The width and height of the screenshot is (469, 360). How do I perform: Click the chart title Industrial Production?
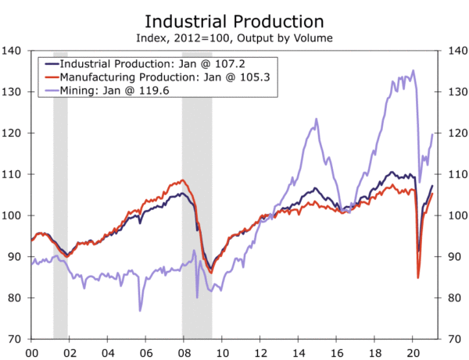234,20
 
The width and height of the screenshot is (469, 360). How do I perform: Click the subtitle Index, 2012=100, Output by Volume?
234,37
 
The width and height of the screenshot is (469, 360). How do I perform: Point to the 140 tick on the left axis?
13,50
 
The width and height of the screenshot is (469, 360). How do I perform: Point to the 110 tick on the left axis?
13,174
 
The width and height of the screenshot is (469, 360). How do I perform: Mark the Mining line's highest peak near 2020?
413,71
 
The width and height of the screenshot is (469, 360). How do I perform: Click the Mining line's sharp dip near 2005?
140,310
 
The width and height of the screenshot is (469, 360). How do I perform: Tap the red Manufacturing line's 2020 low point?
418,277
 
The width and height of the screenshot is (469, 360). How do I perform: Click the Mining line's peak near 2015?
316,119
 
